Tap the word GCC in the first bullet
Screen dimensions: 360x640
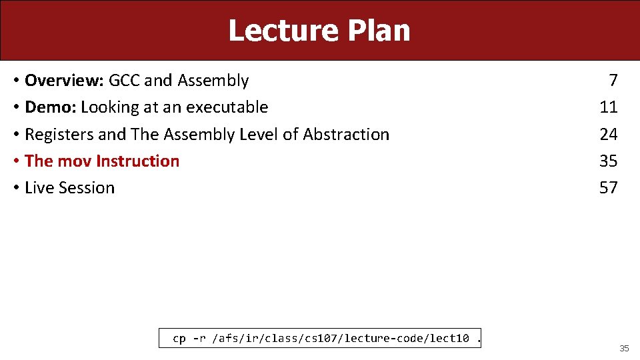pyautogui.click(x=125, y=81)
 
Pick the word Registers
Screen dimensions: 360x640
pyautogui.click(x=59, y=135)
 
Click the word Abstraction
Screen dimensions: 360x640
pyautogui.click(x=346, y=135)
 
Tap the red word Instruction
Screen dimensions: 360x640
pyautogui.click(x=138, y=161)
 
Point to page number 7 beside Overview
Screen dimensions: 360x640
pyautogui.click(x=613, y=81)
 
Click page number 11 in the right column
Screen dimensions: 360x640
pyautogui.click(x=608, y=107)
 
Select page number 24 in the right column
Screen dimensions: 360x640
pyautogui.click(x=608, y=135)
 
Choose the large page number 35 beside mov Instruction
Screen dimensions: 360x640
pyautogui.click(x=608, y=161)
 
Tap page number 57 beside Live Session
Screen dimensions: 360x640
pyautogui.click(x=608, y=188)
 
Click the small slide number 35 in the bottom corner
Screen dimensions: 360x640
pyautogui.click(x=624, y=349)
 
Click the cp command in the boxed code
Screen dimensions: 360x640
pyautogui.click(x=179, y=339)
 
